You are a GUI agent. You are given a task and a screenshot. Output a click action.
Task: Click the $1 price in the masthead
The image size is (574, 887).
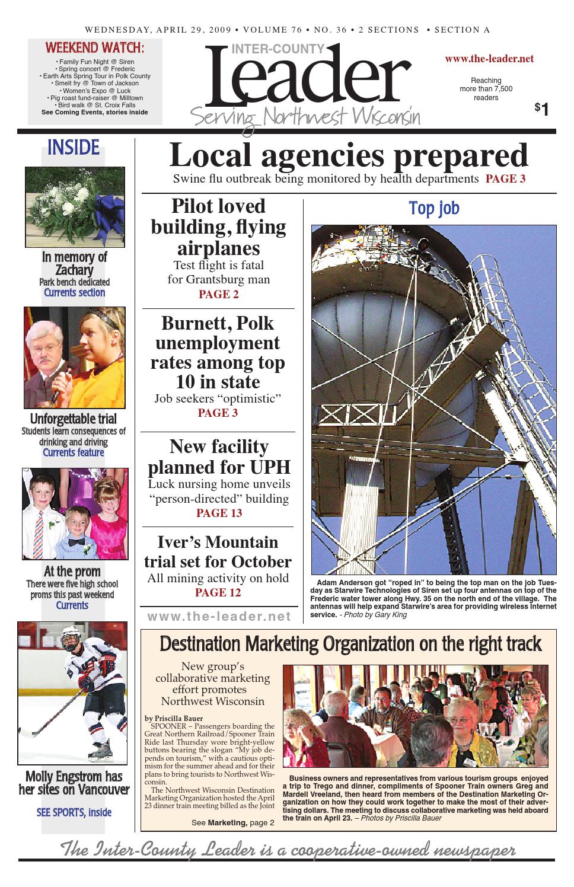541,109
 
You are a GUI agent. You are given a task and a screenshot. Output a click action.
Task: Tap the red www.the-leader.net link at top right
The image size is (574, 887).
489,59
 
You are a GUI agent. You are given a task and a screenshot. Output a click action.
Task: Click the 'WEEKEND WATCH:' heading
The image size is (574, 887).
95,47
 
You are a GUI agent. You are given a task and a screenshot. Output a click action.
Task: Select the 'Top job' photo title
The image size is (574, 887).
434,209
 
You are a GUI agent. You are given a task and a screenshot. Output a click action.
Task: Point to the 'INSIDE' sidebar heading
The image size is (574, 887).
74,148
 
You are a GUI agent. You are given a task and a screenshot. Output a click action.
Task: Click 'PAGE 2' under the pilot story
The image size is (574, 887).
219,295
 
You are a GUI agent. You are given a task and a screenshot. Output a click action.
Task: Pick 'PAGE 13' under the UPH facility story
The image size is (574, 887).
219,513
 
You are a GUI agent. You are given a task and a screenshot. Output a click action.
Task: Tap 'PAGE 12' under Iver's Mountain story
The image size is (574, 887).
218,592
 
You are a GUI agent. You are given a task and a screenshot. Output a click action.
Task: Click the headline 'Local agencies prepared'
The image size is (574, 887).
348,157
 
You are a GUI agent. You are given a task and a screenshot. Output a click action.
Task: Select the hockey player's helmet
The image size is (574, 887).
72,644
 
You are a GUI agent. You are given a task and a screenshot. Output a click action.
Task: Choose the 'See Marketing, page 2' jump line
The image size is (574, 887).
232,823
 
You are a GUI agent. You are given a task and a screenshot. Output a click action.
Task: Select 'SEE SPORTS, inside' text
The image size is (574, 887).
74,812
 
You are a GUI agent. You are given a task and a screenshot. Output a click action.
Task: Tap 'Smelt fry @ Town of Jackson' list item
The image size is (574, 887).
95,84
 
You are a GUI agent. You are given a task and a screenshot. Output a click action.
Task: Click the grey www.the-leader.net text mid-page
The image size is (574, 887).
219,617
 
